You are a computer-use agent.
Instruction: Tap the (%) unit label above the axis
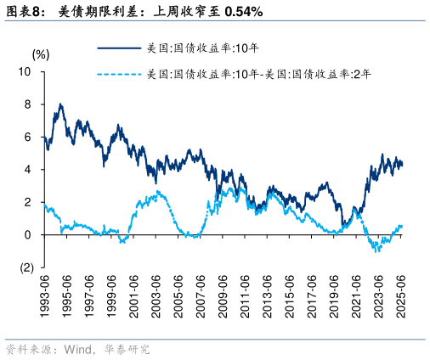pyautogui.click(x=41, y=53)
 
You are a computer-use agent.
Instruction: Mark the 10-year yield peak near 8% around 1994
pyautogui.click(x=60, y=104)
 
